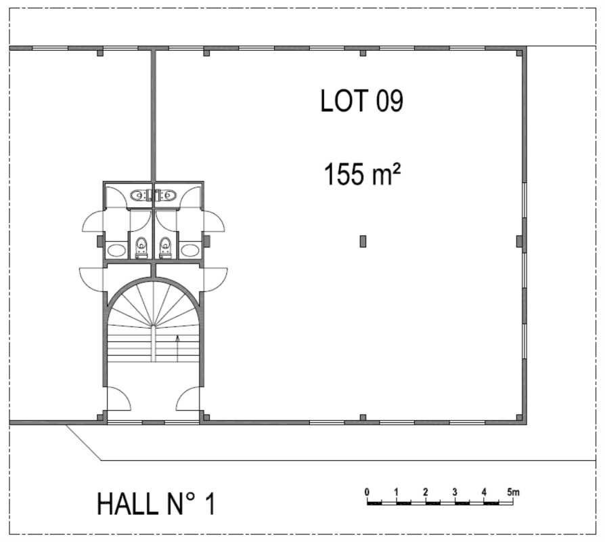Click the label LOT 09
click(361, 102)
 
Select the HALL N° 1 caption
click(156, 504)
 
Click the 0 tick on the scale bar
click(366, 491)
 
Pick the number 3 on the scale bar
click(455, 491)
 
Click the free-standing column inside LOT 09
click(363, 241)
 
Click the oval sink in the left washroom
click(116, 250)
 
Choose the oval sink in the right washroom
click(190, 250)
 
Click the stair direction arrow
click(177, 342)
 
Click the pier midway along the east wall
click(520, 241)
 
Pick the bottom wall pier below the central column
click(363, 417)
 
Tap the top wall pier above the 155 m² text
click(363, 53)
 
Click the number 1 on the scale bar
click(396, 491)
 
